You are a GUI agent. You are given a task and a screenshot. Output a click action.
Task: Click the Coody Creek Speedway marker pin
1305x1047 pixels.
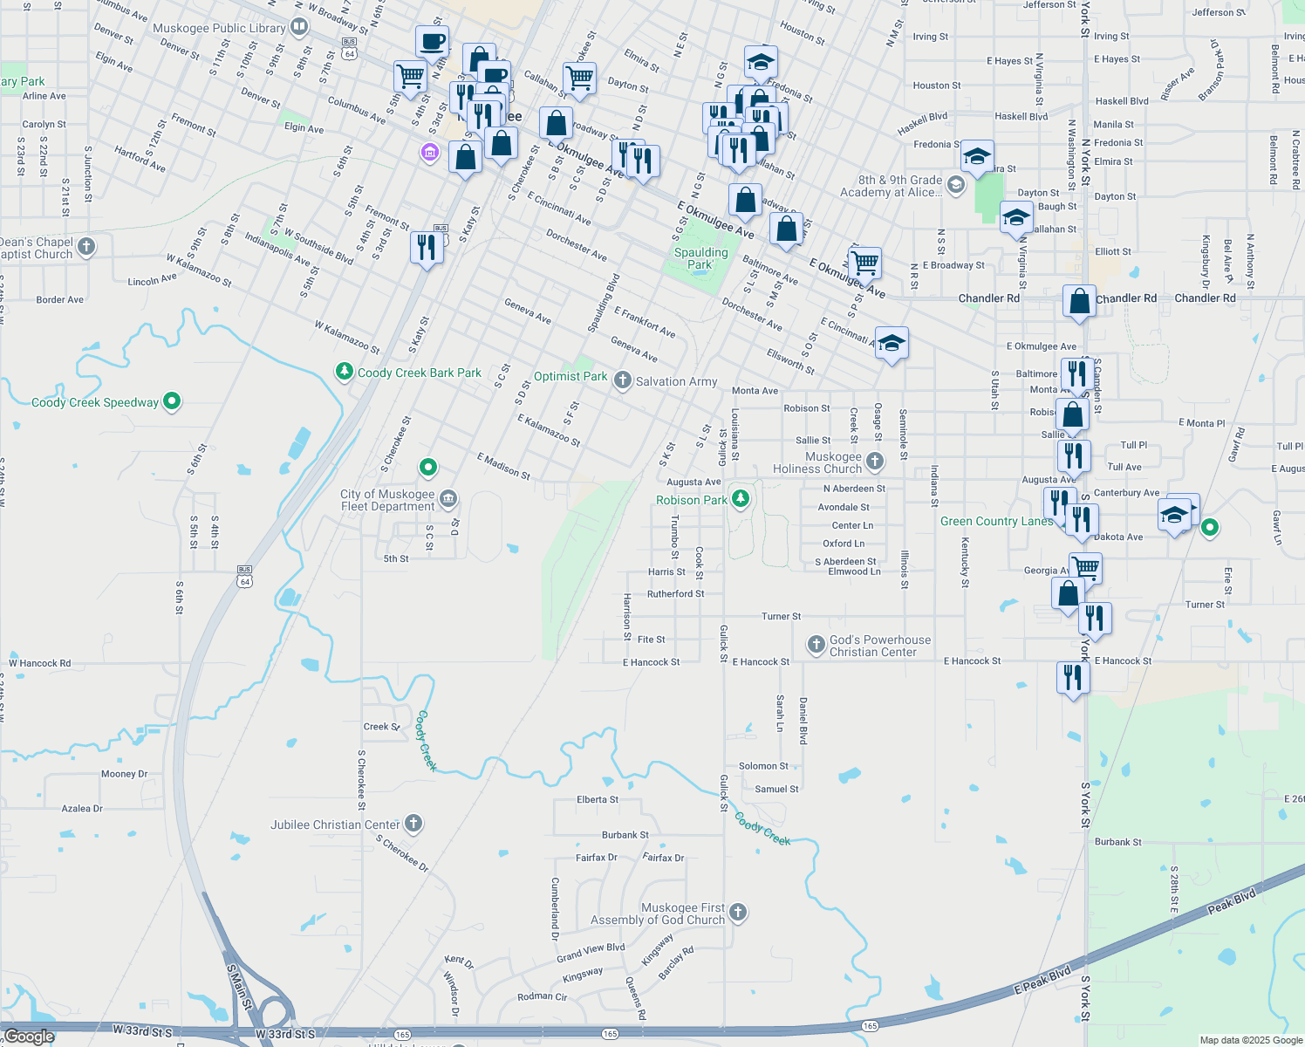coord(172,401)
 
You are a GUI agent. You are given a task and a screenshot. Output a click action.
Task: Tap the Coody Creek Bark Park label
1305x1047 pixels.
coord(419,373)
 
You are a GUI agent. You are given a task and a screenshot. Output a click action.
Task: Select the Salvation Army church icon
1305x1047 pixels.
coord(622,380)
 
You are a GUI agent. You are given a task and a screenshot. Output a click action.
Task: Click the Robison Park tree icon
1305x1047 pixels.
coord(740,499)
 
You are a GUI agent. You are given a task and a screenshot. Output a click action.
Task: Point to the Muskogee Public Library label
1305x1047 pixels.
coord(219,28)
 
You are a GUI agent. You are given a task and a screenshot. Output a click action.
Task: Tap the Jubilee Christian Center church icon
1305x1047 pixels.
coord(413,823)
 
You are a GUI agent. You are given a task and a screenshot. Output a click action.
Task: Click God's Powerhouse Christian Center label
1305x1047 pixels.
coord(879,646)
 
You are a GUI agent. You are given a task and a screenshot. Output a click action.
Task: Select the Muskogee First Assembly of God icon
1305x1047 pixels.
coord(738,913)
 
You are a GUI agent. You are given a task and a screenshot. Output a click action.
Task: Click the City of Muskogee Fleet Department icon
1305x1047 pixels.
coord(448,499)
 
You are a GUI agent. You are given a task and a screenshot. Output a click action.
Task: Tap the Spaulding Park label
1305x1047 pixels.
coord(700,258)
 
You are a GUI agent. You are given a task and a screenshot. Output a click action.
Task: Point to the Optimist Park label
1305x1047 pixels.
coord(571,376)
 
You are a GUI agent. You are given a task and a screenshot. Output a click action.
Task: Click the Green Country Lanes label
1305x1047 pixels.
coord(996,521)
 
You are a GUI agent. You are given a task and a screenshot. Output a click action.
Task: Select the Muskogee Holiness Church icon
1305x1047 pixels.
coord(875,461)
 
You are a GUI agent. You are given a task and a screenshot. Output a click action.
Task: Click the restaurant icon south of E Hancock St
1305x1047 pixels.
coord(1073,677)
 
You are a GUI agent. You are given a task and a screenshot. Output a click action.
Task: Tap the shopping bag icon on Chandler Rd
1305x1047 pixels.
coord(1079,302)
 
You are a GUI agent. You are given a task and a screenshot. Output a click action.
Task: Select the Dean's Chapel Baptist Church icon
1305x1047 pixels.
coord(85,247)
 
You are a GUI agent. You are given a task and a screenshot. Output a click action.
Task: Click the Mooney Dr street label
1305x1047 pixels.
coord(125,774)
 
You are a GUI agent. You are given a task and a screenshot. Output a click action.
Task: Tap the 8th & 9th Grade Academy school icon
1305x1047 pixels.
coord(955,184)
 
